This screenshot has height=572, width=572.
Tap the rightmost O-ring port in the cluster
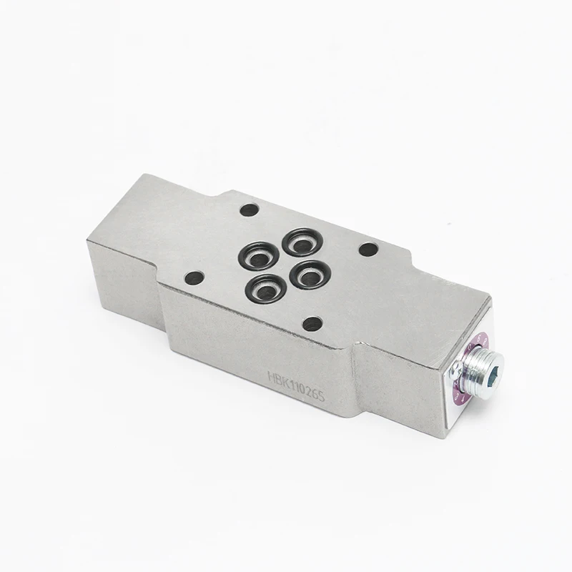[x=309, y=273]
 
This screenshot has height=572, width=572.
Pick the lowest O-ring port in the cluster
[x=266, y=288]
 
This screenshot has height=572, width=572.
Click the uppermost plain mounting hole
[x=249, y=211]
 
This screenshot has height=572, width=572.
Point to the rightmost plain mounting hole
[x=368, y=250]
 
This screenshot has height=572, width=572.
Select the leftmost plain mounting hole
[x=193, y=277]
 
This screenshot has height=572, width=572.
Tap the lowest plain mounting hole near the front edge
[x=312, y=323]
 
